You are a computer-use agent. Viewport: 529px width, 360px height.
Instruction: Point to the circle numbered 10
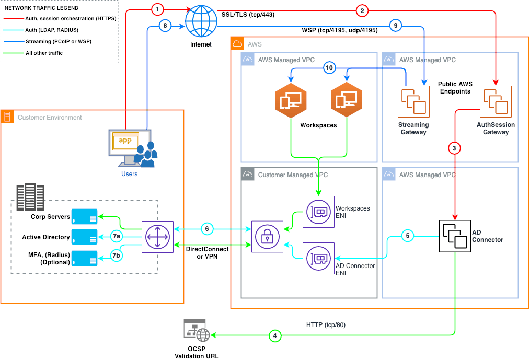click(x=329, y=68)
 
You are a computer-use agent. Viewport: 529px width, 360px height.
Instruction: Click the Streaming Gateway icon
click(x=413, y=101)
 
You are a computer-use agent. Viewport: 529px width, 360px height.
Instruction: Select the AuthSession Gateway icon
click(x=496, y=101)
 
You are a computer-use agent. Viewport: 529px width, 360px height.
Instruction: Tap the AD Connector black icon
click(x=455, y=236)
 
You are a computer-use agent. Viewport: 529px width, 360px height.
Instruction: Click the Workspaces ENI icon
click(x=318, y=212)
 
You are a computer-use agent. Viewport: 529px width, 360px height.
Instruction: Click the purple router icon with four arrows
click(x=158, y=237)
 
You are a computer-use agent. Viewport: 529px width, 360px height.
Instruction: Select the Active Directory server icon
click(x=84, y=237)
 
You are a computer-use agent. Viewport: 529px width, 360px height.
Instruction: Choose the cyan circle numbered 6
click(x=206, y=229)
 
